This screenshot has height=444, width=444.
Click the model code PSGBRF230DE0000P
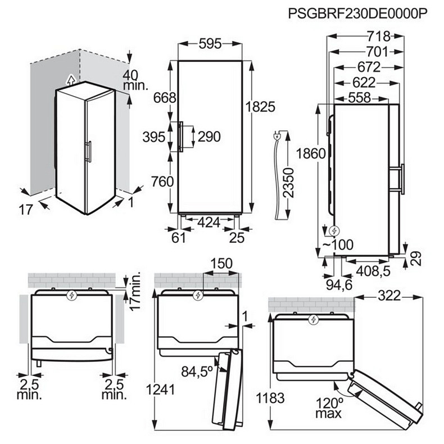click(x=357, y=13)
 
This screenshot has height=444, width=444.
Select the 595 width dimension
click(x=210, y=44)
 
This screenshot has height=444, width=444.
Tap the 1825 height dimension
click(x=260, y=107)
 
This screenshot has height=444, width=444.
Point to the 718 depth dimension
click(x=379, y=36)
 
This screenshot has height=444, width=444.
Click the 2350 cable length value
click(x=288, y=183)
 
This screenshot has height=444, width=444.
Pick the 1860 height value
click(x=311, y=153)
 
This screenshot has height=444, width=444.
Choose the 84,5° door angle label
click(x=197, y=371)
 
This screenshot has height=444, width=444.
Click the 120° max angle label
click(x=329, y=408)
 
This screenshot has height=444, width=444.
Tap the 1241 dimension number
click(x=160, y=389)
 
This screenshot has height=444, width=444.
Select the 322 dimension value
click(x=389, y=296)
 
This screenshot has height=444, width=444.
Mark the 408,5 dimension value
click(x=373, y=271)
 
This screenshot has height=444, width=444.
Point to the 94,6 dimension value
click(x=339, y=285)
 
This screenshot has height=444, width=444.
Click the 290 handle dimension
click(x=209, y=137)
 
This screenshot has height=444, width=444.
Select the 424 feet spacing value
click(x=209, y=223)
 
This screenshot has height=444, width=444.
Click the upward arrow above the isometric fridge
click(x=71, y=80)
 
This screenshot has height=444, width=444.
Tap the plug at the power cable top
click(x=277, y=137)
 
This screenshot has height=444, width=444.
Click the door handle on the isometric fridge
click(x=88, y=152)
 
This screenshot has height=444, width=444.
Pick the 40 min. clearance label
click(x=135, y=80)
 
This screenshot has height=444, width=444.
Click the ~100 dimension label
click(x=338, y=244)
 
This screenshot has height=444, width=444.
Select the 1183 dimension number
click(x=270, y=398)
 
